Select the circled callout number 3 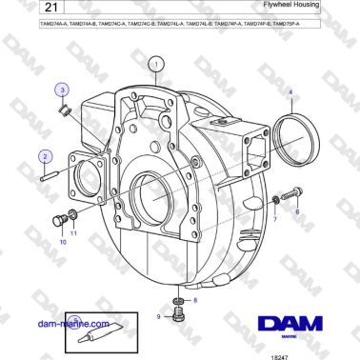pos(62,90)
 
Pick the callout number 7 pos(275,218)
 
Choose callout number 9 pos(158,315)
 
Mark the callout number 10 pos(63,243)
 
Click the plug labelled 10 pos(61,222)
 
